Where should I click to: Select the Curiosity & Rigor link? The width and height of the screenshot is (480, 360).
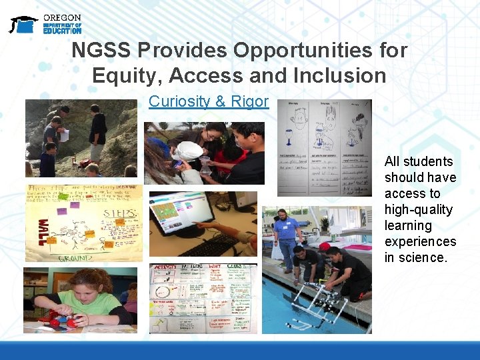(208, 101)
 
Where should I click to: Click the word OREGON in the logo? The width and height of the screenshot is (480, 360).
(62, 17)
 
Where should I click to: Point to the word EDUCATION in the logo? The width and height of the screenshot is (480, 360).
(62, 31)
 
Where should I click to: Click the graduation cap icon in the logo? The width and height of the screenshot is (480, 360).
(23, 24)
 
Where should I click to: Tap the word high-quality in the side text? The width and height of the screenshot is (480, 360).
(418, 210)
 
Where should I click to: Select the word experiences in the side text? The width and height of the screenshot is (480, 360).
(420, 242)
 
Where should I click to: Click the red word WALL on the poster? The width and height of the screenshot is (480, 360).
(41, 229)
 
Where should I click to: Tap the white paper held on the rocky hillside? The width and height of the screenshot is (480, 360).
(65, 135)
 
